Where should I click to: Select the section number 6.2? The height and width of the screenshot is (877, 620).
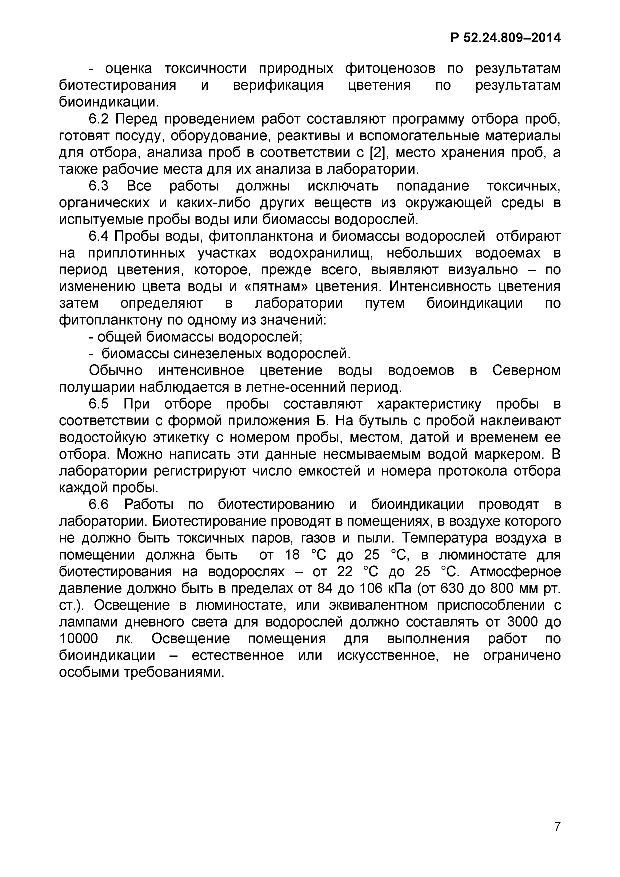[x=98, y=119]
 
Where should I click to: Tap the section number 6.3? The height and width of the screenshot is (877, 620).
[x=98, y=186]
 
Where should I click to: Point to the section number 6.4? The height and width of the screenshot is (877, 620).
[x=98, y=236]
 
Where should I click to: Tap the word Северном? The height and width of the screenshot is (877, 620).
[x=526, y=370]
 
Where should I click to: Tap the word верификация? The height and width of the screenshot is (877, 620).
[x=278, y=85]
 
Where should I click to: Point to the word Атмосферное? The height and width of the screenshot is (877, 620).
[x=515, y=572]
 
